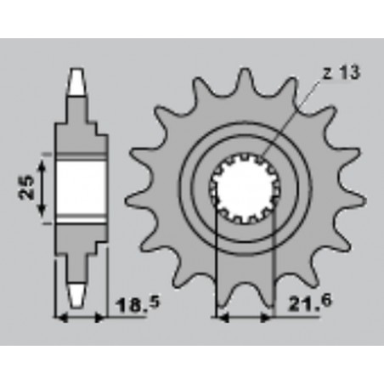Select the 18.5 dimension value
pyautogui.click(x=127, y=303)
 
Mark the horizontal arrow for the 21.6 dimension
pyautogui.click(x=246, y=319)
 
